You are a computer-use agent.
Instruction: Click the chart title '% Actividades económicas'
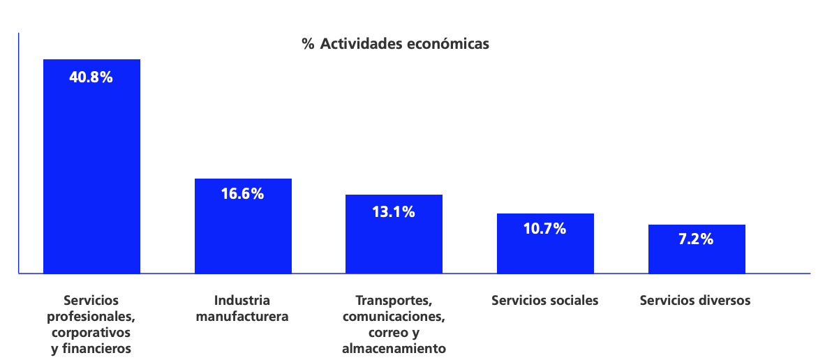pos(395,44)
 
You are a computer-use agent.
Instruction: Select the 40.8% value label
pos(91,77)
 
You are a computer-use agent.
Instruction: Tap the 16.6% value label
pos(242,194)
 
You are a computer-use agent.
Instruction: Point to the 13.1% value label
pos(394,211)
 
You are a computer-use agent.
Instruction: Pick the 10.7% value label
pos(544,228)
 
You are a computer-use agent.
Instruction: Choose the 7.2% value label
pos(696,239)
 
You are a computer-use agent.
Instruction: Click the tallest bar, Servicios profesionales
pos(91,174)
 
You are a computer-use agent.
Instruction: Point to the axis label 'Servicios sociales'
pos(545,301)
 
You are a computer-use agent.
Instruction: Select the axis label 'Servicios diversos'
pos(695,301)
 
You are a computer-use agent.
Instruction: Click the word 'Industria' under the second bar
pos(242,301)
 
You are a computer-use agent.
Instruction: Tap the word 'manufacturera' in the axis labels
pos(242,317)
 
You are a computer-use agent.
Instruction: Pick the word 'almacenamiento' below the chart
pos(394,348)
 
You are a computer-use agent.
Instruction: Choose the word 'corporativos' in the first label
pos(91,332)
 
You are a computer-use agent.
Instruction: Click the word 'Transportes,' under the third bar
pos(394,301)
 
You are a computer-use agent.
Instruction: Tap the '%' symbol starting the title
pos(308,44)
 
